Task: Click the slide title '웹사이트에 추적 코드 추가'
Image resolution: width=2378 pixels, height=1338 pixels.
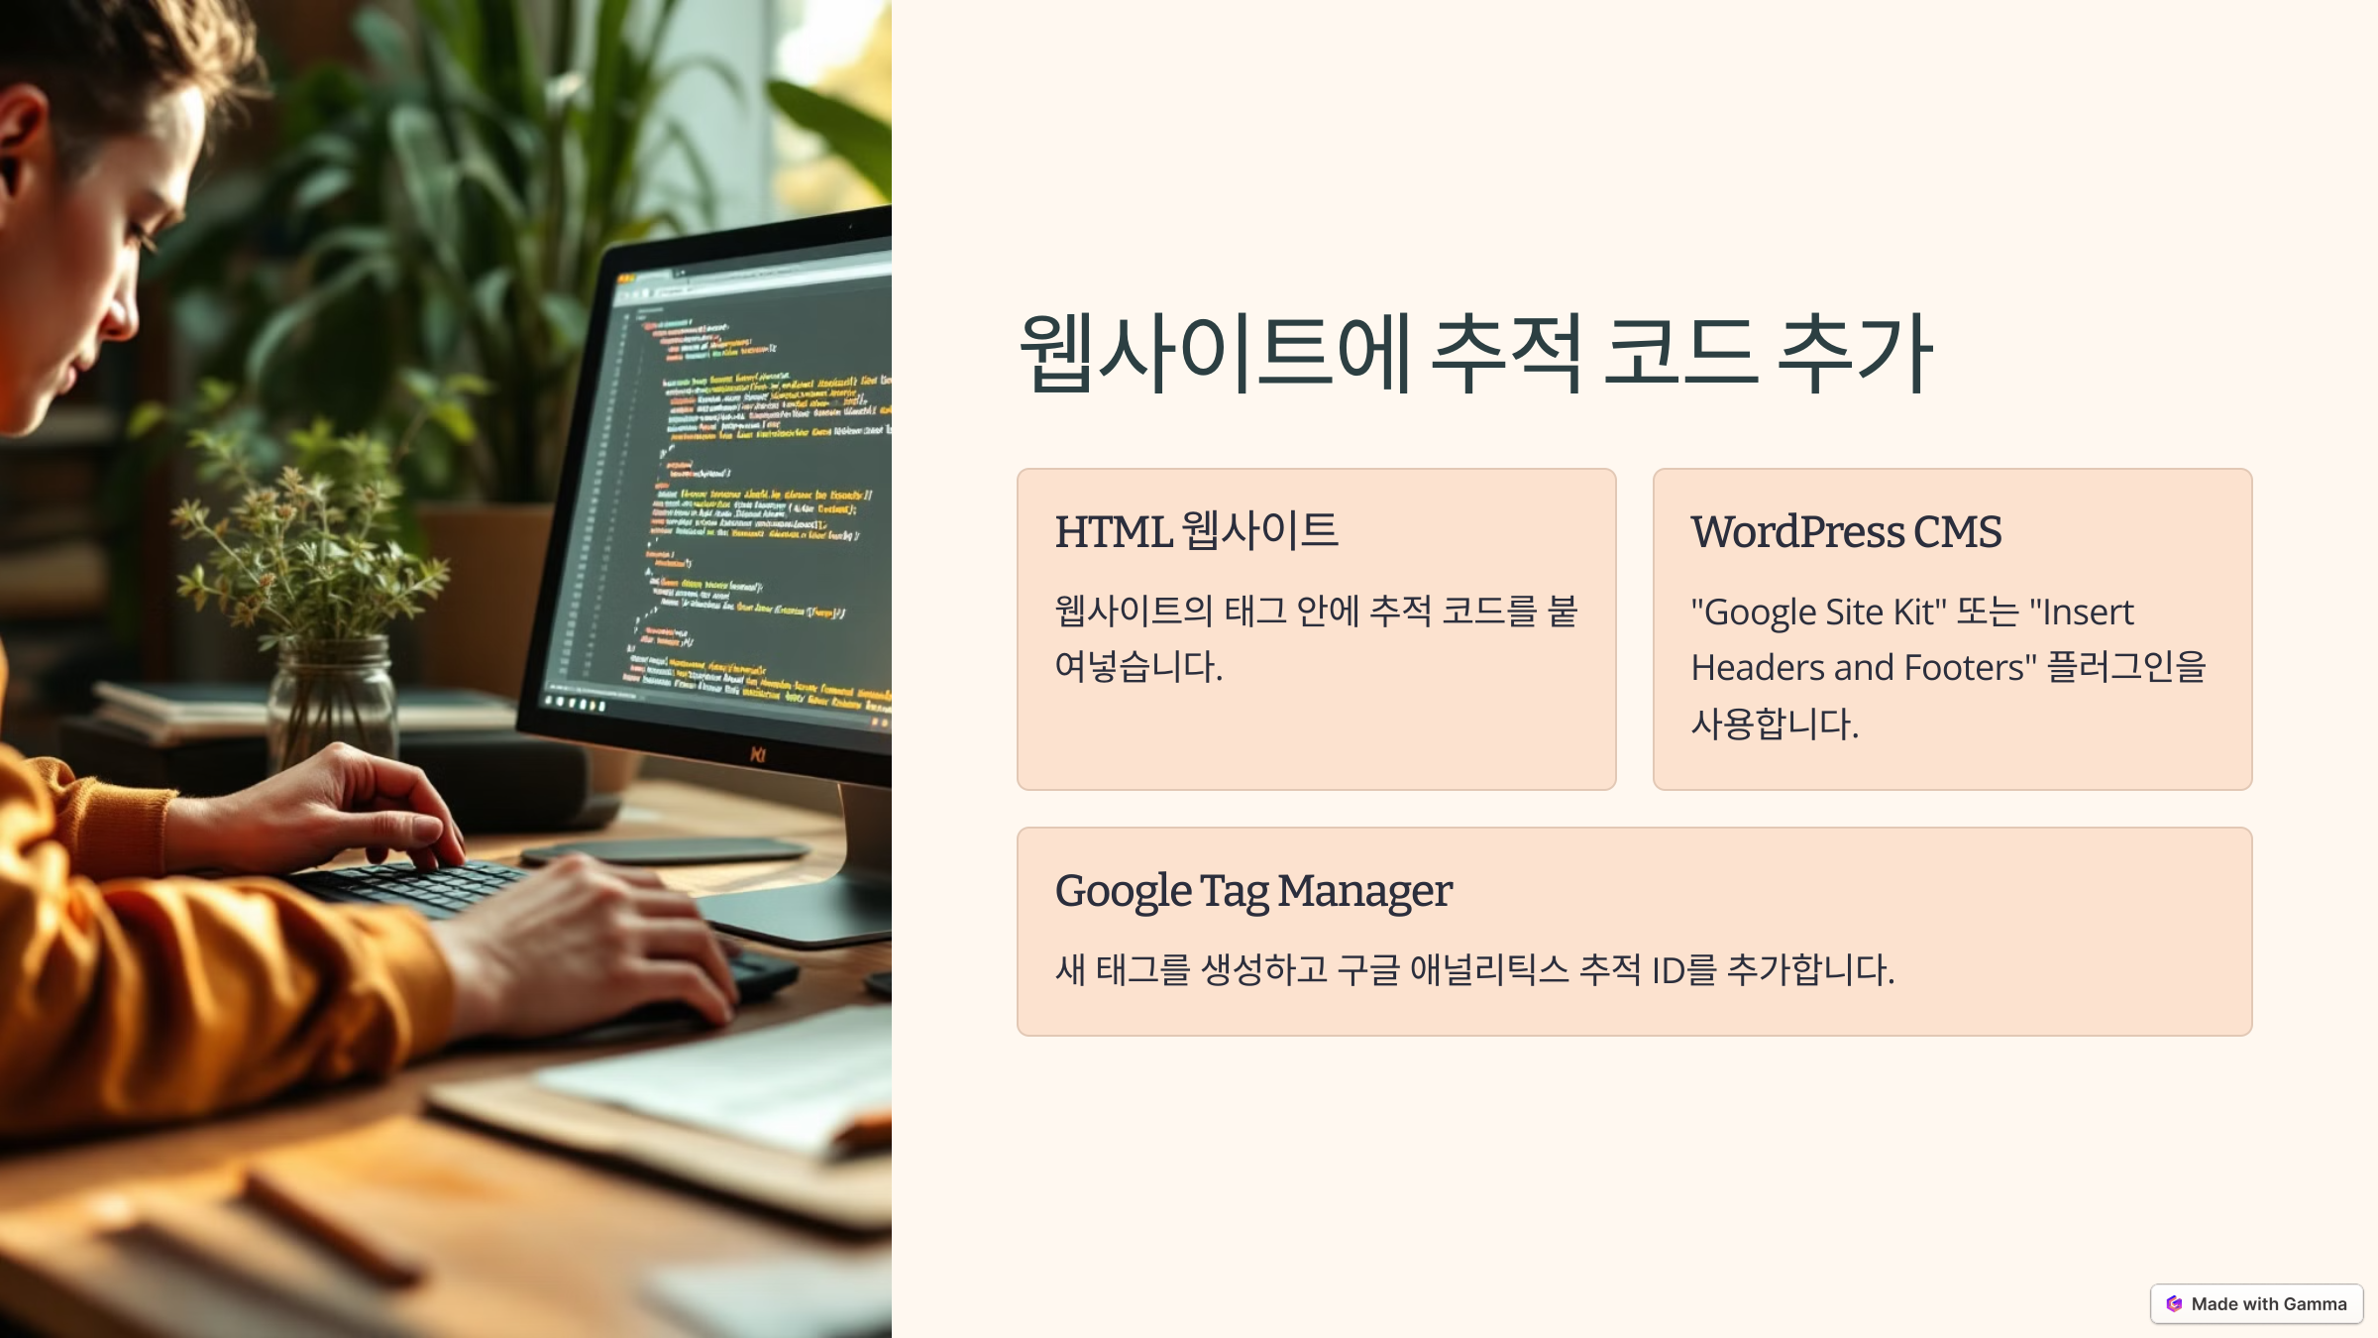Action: [1475, 354]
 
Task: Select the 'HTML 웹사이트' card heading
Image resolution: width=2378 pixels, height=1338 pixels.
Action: [1196, 531]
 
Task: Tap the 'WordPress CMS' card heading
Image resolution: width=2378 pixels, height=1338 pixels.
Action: [1845, 532]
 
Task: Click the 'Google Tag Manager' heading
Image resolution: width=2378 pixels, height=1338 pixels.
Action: [1252, 891]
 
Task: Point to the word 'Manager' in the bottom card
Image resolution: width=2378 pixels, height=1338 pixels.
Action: [1364, 891]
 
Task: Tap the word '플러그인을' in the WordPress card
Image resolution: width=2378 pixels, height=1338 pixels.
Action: [2126, 667]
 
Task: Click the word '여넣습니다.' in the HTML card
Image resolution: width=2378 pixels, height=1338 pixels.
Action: [1138, 666]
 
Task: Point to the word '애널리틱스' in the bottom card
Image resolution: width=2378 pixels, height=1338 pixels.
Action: [1488, 969]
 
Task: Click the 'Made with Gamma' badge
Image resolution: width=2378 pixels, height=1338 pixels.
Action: [2256, 1303]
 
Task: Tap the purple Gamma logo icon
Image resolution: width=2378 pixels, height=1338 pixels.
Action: [2174, 1303]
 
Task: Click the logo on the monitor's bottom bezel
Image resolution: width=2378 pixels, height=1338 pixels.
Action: [758, 755]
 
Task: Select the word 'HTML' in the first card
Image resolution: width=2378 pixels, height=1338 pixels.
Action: [1113, 532]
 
